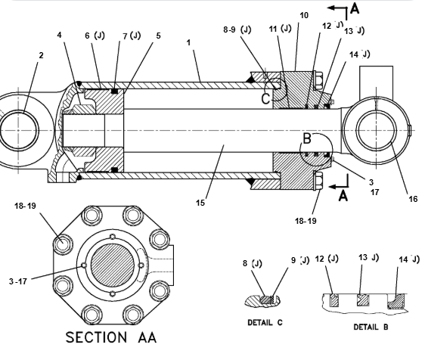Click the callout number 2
(41, 55)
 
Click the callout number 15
(200, 203)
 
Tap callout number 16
(413, 199)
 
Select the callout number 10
(304, 15)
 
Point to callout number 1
(188, 42)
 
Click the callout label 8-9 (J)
(237, 29)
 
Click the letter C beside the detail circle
(266, 98)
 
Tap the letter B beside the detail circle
(307, 138)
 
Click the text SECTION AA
(111, 337)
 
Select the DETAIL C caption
(265, 323)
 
